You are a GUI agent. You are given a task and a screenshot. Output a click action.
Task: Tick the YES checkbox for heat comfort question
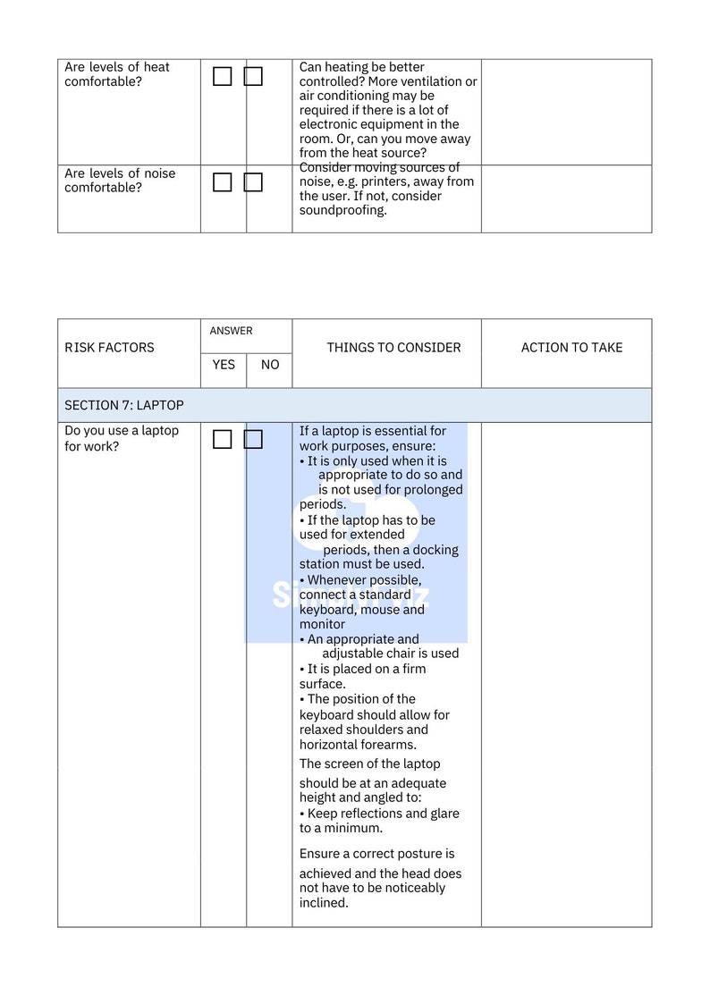[223, 77]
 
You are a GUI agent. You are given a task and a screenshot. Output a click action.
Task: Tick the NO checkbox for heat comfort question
[253, 77]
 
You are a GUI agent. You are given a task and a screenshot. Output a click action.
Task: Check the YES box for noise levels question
[223, 182]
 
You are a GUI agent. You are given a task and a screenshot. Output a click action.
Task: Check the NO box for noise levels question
[253, 182]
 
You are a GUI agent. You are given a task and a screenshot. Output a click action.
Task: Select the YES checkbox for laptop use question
[223, 439]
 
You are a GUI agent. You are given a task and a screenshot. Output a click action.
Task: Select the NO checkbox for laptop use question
[253, 439]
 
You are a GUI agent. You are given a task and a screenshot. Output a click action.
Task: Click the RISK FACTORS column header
[109, 348]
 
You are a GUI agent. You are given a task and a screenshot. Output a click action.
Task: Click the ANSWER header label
[231, 331]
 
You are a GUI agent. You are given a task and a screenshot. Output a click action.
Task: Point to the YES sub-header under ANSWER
[224, 365]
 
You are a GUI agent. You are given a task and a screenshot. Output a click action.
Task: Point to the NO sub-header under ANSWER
[269, 365]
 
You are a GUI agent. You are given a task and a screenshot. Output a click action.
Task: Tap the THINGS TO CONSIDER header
[393, 348]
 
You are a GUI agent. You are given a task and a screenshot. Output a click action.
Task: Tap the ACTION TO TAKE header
[571, 348]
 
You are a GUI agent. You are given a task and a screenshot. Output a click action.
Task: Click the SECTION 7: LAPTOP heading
[124, 405]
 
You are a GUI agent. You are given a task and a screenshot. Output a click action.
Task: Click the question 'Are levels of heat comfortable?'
[116, 74]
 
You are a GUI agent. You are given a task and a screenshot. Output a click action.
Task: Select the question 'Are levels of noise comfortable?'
[120, 181]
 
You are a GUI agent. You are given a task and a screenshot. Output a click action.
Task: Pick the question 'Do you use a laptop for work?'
[122, 438]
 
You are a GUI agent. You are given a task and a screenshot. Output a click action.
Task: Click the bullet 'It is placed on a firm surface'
[362, 676]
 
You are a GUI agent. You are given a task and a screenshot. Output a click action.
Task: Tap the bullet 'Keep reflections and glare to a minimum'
[379, 821]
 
